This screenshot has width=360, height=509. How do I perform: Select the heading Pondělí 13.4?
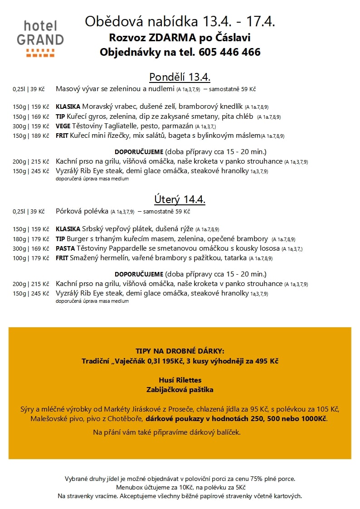tap(180, 77)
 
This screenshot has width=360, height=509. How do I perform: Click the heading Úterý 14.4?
tap(180, 199)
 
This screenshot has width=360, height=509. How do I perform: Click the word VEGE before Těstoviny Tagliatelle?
tap(63, 126)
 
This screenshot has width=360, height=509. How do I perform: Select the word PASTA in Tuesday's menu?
tap(65, 248)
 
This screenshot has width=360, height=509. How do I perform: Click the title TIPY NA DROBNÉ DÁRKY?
tap(180, 351)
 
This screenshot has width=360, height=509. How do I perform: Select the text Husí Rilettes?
tap(180, 380)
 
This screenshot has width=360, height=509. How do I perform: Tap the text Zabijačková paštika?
tap(180, 389)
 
